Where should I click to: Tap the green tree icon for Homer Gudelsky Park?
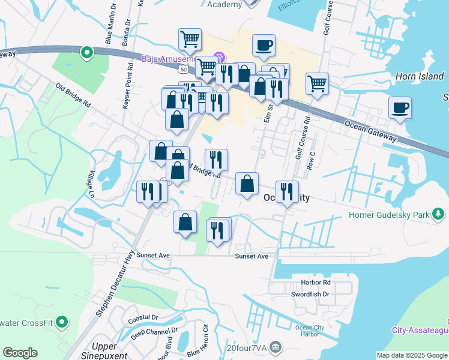439,214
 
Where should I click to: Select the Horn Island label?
420,76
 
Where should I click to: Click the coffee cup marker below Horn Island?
399,109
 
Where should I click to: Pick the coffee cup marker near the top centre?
263,45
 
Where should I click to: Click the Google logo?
20,353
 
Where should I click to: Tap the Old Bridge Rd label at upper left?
73,95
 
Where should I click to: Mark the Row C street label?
310,159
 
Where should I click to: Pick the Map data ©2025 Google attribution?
411,355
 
